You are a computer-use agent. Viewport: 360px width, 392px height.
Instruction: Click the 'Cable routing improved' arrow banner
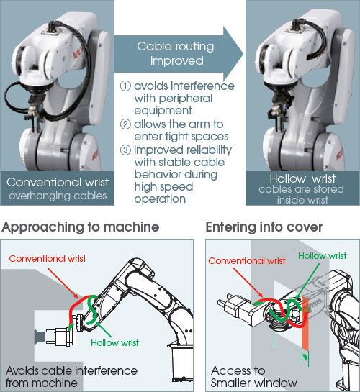[175, 54]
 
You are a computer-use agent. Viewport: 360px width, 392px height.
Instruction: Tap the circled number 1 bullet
[125, 86]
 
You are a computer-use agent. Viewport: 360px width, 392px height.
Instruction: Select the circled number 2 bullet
[125, 124]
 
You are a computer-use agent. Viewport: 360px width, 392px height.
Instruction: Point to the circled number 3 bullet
[125, 150]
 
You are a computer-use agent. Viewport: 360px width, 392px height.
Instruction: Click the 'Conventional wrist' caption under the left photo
[58, 182]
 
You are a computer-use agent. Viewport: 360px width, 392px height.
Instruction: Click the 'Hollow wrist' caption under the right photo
[302, 179]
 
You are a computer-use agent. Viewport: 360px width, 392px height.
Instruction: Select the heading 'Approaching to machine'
[81, 227]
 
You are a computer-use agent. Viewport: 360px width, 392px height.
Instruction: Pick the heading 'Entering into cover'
[264, 227]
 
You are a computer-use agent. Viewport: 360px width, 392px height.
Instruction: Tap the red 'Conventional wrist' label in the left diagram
[48, 259]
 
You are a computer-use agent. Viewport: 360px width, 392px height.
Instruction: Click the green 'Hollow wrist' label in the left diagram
[114, 343]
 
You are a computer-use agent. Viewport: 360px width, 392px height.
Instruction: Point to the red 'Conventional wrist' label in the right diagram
[247, 261]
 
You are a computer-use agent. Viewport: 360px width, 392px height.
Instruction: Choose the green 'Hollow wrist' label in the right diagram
[323, 256]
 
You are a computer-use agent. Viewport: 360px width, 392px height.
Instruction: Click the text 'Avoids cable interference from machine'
[71, 377]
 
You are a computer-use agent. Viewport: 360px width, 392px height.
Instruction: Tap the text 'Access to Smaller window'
[253, 377]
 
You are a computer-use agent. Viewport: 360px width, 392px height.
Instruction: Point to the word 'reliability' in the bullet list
[208, 150]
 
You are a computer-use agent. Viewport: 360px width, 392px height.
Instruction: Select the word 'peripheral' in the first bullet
[186, 99]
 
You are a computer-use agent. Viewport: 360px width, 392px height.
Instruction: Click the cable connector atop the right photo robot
[297, 27]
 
